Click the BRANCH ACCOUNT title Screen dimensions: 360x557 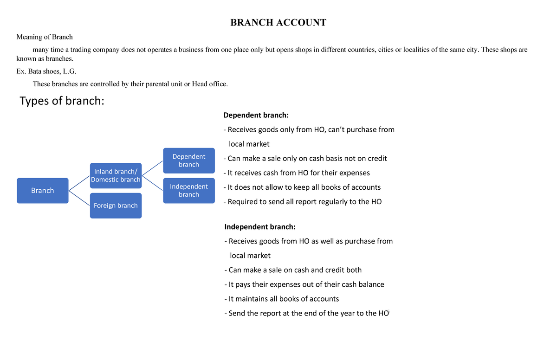coord(278,23)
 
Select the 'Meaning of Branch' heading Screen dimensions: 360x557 coord(45,37)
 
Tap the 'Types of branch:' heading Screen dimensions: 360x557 coord(62,101)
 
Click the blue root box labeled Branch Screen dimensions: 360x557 coord(43,191)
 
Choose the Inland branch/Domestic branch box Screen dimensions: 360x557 coord(116,176)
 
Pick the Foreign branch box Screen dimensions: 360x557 coord(116,206)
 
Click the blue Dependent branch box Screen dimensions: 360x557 coord(189,161)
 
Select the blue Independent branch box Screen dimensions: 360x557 coord(189,191)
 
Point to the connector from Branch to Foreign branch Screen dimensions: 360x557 coord(79,198)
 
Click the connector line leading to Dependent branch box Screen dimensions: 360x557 coord(153,168)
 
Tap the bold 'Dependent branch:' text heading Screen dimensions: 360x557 coord(256,115)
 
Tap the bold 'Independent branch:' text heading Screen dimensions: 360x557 coord(259,227)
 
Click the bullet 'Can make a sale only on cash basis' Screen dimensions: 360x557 coord(305,159)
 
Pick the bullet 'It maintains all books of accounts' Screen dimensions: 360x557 coord(281,299)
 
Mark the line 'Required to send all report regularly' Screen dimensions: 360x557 coord(302,202)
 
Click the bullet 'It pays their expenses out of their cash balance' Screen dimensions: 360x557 coord(304,284)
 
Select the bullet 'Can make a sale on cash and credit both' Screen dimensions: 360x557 coord(292,270)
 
